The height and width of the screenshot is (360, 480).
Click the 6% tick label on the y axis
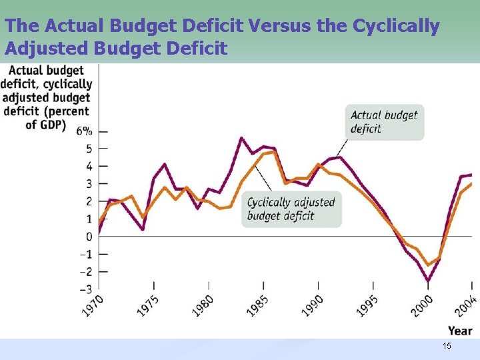[84, 131]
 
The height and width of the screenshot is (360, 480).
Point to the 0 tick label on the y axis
[88, 237]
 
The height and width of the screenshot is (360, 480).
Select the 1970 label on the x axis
[93, 307]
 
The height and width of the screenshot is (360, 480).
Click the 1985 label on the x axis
[258, 307]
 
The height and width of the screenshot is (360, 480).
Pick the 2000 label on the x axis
[422, 307]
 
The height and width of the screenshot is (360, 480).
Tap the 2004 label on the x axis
[466, 307]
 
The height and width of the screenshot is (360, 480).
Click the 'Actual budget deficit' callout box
[384, 122]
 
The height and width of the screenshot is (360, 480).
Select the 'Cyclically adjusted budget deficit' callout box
[291, 209]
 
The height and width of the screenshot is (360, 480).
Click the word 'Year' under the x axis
[460, 331]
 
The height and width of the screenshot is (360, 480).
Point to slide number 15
[447, 345]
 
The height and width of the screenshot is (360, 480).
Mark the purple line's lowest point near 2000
[428, 281]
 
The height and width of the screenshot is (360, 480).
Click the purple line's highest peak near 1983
[241, 138]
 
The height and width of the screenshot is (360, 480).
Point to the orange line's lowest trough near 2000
[428, 265]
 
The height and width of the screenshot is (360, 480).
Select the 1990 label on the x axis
[313, 307]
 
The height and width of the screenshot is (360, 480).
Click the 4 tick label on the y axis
[88, 166]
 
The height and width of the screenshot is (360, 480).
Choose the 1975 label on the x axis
[148, 307]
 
